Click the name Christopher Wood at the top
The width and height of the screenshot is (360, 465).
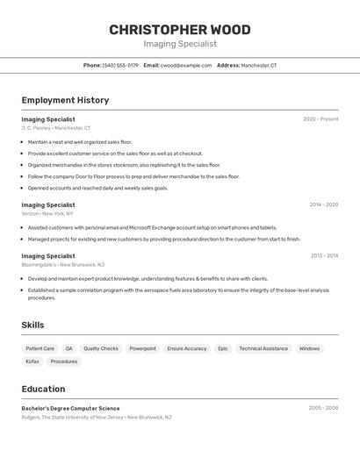(x=179, y=30)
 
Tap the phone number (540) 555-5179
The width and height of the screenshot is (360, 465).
(x=120, y=65)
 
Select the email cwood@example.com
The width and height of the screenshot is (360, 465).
(x=186, y=65)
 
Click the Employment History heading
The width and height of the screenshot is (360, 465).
(x=65, y=100)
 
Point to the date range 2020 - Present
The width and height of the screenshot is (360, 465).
(x=320, y=119)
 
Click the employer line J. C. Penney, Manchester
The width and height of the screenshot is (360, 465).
(x=56, y=128)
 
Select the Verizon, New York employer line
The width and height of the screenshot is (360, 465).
(x=47, y=213)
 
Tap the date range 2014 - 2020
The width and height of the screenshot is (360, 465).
(x=323, y=204)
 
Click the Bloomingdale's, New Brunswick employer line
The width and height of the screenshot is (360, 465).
(x=63, y=264)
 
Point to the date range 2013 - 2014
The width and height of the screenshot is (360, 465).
(x=324, y=255)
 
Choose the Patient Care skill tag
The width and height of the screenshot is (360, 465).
(x=40, y=348)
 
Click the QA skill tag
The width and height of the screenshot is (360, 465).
(x=69, y=348)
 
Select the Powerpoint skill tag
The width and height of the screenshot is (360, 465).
(x=143, y=348)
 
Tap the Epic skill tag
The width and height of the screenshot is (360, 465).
(x=223, y=348)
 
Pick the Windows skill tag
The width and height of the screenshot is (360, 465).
(x=309, y=348)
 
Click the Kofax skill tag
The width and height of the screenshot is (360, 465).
(x=32, y=361)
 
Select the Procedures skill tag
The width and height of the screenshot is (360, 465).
(x=64, y=361)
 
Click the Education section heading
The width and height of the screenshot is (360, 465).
(x=43, y=389)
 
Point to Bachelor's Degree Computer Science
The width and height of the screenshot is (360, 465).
(x=71, y=408)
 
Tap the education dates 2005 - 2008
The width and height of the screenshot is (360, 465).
(x=323, y=408)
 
